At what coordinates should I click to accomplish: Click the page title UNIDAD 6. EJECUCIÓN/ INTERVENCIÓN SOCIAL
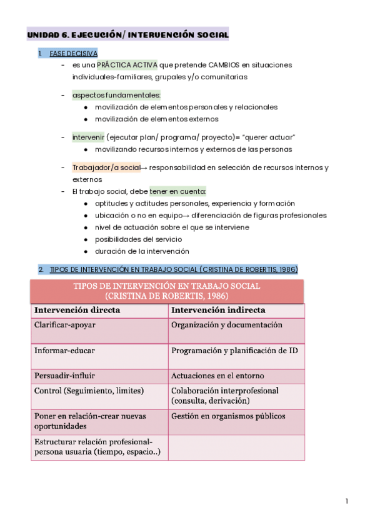click(127, 36)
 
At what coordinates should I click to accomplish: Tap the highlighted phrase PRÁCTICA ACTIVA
click(127, 65)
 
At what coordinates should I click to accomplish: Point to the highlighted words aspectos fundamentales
click(116, 95)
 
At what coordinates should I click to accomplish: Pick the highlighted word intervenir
click(87, 137)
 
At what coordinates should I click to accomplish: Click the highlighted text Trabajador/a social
click(106, 167)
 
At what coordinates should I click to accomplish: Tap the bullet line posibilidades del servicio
click(138, 239)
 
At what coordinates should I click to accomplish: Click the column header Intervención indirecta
click(218, 310)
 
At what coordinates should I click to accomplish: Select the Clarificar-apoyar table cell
click(65, 325)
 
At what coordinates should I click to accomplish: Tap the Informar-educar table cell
click(64, 351)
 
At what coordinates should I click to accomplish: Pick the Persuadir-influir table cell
click(65, 376)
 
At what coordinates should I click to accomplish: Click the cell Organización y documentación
click(226, 325)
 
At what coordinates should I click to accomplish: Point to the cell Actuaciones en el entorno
click(217, 376)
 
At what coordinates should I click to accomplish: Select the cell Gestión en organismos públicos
click(227, 416)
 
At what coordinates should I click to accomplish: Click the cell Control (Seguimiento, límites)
click(89, 391)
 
